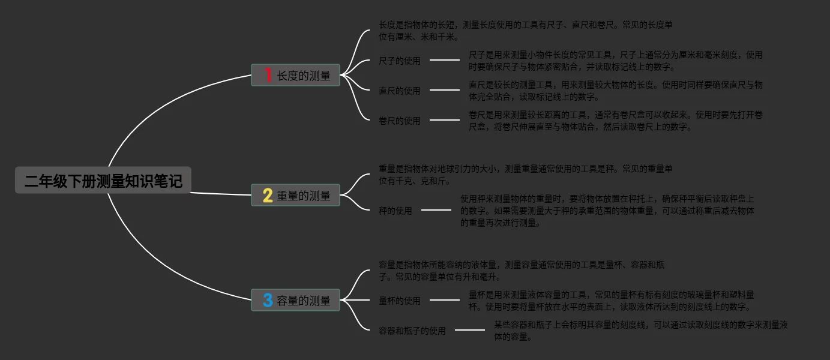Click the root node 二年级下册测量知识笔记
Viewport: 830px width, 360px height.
[x=103, y=181]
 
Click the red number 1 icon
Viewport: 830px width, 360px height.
[x=268, y=76]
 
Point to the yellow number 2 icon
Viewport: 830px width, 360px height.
[x=268, y=196]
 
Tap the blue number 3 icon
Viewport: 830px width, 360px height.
[x=268, y=301]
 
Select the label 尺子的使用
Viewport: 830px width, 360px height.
[x=400, y=61]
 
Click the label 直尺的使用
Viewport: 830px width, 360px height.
[x=400, y=91]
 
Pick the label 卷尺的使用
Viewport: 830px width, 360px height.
[x=400, y=121]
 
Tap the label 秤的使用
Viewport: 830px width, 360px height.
[x=395, y=211]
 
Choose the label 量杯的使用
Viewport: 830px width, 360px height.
[x=400, y=301]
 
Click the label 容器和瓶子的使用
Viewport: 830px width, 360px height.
[x=412, y=331]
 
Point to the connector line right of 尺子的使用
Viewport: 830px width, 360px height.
[x=445, y=60]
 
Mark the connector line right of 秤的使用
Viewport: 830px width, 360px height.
[x=436, y=210]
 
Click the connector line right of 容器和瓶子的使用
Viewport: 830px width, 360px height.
[x=470, y=330]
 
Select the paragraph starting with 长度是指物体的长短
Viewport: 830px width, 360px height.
[x=526, y=31]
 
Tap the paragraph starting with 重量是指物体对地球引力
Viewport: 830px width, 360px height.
[x=526, y=175]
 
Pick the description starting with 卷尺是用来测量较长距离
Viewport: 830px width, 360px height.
[x=616, y=121]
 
